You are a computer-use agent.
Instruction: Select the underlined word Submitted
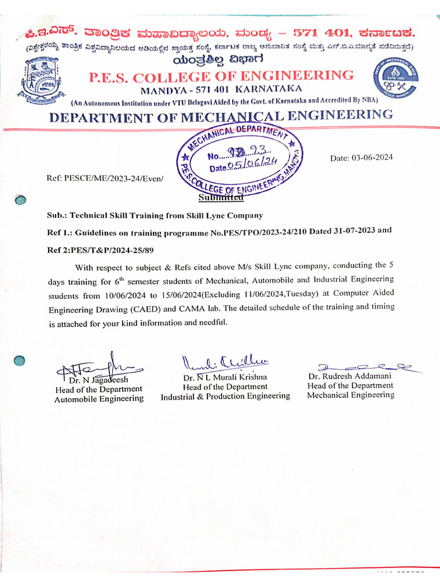[221, 198]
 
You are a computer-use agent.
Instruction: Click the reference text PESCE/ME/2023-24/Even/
[105, 179]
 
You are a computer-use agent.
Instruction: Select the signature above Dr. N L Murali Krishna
[225, 362]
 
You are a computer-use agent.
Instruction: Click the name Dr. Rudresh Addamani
[349, 377]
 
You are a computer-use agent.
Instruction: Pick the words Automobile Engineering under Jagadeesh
[99, 399]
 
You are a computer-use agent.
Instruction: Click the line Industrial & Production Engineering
[225, 396]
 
